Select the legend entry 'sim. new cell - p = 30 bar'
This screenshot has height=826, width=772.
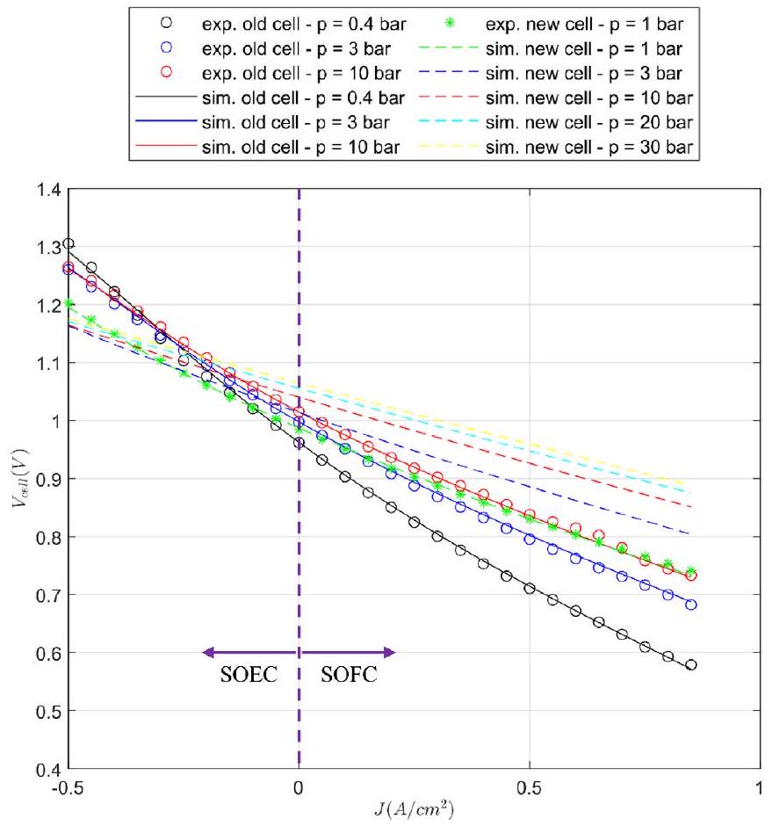point(590,147)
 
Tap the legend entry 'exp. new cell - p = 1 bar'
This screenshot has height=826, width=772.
point(592,20)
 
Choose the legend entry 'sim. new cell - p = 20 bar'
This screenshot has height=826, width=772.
point(590,121)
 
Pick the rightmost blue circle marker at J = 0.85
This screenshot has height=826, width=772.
point(691,605)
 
